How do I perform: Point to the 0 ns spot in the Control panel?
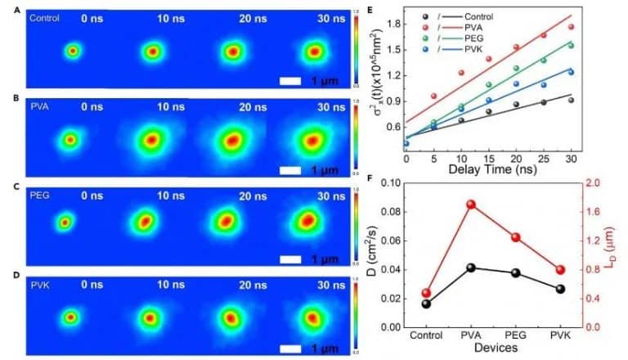click(x=73, y=52)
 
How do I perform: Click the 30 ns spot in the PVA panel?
click(x=312, y=140)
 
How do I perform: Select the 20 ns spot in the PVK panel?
click(x=231, y=316)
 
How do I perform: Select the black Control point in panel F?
click(x=427, y=304)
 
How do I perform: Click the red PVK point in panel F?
click(x=559, y=270)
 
